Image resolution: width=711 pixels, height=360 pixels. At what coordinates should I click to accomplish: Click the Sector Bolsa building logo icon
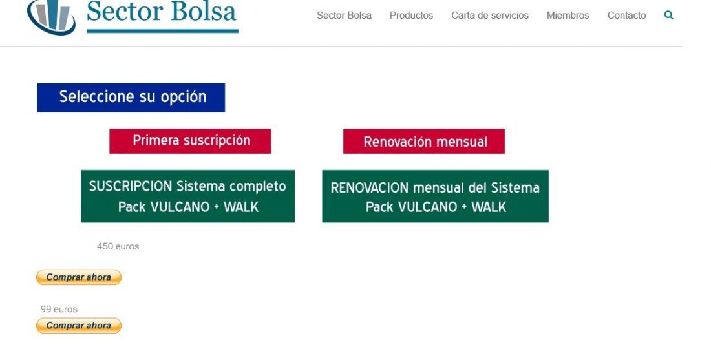pos(51,17)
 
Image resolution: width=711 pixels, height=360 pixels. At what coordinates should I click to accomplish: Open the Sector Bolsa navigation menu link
pos(344,16)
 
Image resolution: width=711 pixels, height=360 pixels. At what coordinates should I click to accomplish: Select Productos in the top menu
pos(411,16)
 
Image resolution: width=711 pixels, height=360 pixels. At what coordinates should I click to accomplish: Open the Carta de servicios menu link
pos(490,16)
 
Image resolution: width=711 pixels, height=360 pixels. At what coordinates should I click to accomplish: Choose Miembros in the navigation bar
pos(568,16)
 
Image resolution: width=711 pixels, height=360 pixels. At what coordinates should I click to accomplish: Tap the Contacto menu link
pos(627,16)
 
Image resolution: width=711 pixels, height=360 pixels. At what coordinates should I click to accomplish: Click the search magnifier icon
pos(668,16)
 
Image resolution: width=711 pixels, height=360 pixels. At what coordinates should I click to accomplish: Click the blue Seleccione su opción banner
pos(131,98)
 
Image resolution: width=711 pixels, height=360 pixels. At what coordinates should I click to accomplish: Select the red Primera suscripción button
pos(190,141)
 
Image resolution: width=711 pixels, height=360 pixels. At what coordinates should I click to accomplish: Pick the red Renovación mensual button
pos(424,142)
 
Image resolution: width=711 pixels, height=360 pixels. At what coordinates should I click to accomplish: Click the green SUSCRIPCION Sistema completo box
pos(187,196)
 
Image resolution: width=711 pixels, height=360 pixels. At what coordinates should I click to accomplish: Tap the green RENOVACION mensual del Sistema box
pos(435,196)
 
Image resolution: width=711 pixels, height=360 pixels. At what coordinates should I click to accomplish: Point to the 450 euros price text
pos(118,246)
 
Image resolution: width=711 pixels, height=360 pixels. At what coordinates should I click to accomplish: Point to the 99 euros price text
pos(59,309)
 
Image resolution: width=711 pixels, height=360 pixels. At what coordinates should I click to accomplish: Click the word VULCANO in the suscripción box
pos(180,207)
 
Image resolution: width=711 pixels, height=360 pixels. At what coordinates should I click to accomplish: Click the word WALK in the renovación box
pos(489,207)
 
